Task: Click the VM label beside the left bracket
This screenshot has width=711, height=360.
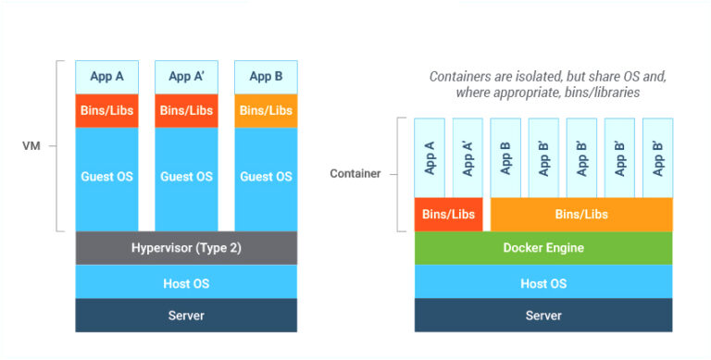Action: pyautogui.click(x=31, y=145)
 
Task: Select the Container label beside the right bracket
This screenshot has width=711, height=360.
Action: pyautogui.click(x=355, y=174)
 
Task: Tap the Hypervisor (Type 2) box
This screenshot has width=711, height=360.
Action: pyautogui.click(x=186, y=247)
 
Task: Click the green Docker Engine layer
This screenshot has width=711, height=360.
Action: pyautogui.click(x=543, y=247)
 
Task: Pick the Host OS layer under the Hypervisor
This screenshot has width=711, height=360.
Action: pyautogui.click(x=186, y=282)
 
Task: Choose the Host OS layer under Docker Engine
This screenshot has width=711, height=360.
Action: pyautogui.click(x=543, y=282)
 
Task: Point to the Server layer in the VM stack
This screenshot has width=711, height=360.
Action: pyautogui.click(x=186, y=316)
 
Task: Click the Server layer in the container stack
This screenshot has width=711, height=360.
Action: pyautogui.click(x=543, y=316)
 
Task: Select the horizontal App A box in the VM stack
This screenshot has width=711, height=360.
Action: pyautogui.click(x=106, y=77)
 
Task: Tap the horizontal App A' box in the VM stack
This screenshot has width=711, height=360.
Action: pyautogui.click(x=186, y=77)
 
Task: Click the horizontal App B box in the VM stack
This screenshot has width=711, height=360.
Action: pyautogui.click(x=266, y=77)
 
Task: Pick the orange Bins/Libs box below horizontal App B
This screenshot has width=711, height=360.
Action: pyautogui.click(x=266, y=110)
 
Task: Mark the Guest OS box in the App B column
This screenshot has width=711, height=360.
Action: pyautogui.click(x=266, y=177)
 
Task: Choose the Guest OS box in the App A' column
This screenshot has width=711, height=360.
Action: pyautogui.click(x=186, y=177)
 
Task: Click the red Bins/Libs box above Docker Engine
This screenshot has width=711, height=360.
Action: pyautogui.click(x=448, y=214)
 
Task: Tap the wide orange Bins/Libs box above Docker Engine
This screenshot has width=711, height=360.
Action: pyautogui.click(x=580, y=214)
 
